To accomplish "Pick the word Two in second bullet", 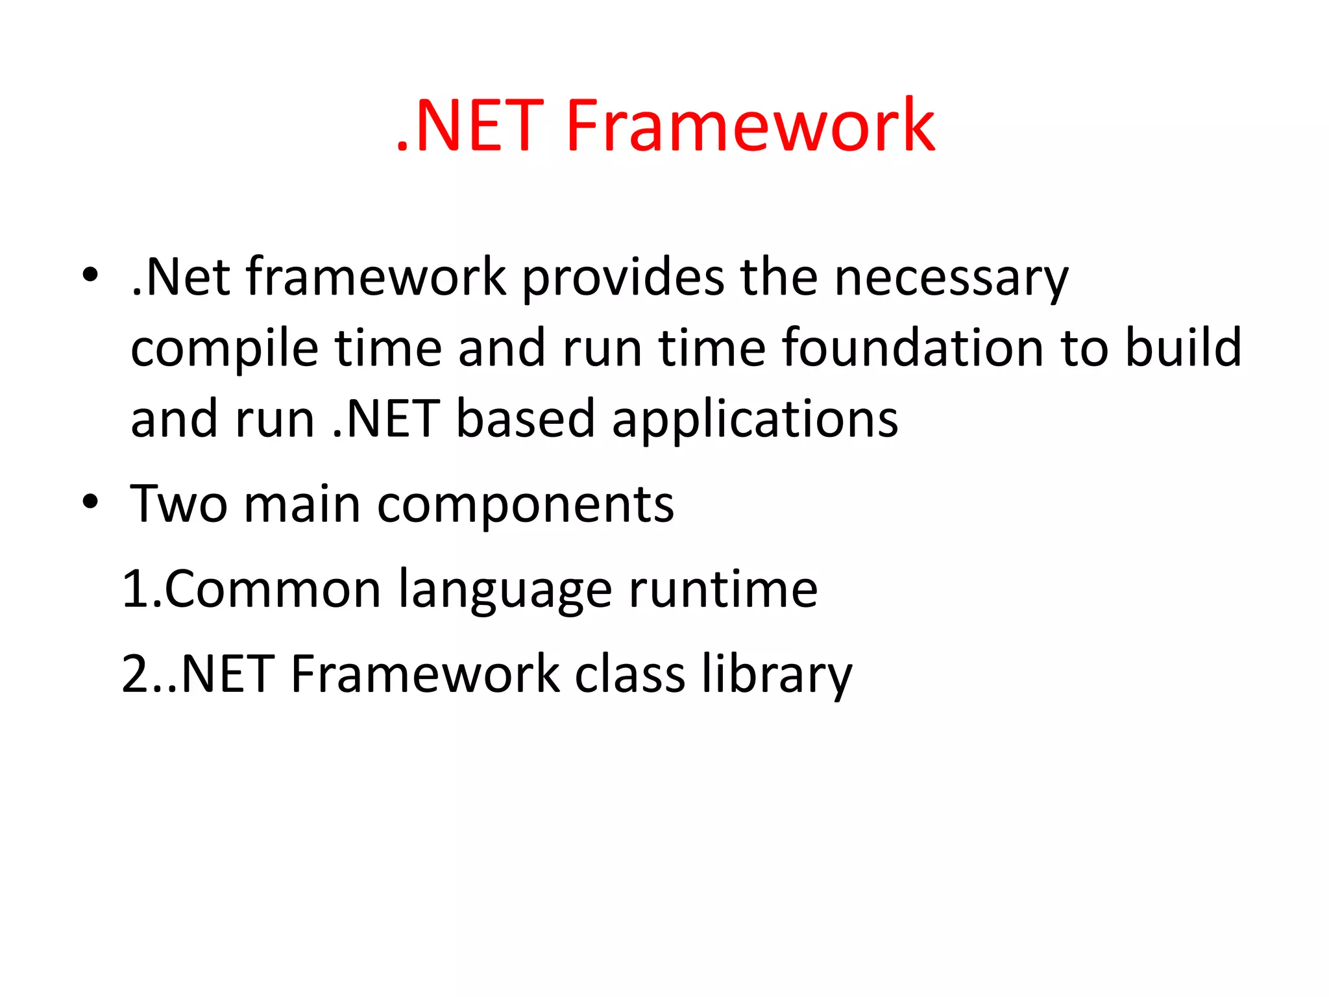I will point(178,504).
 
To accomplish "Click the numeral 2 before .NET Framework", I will point(136,674).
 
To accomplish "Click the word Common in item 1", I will point(273,589).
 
